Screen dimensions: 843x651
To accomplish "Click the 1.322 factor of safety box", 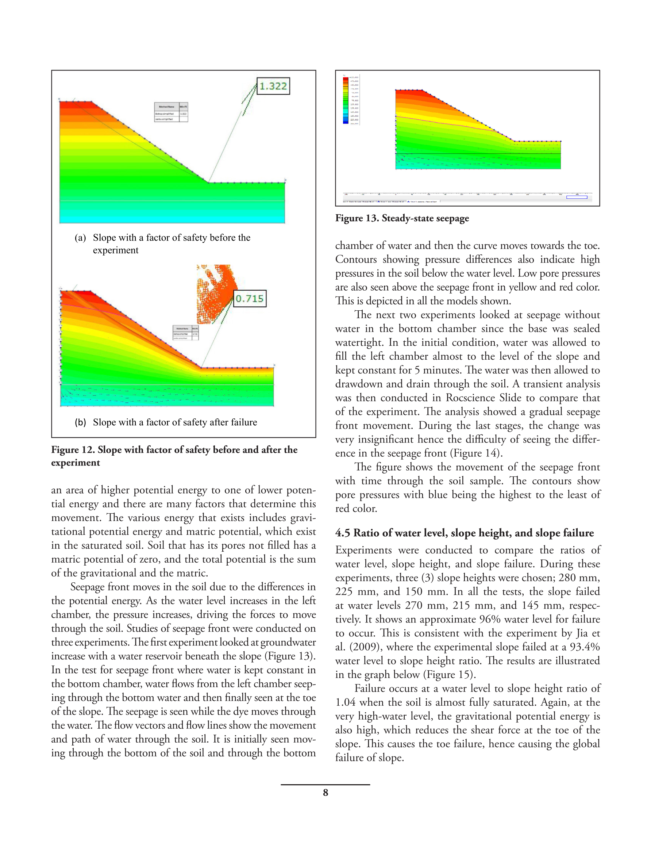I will click(x=273, y=86).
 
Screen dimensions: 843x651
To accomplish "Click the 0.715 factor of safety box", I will click(x=250, y=298).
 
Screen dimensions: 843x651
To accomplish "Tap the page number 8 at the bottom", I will click(x=325, y=793).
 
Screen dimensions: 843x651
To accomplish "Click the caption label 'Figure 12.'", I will click(x=73, y=450).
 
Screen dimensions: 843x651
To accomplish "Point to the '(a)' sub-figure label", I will click(x=80, y=238).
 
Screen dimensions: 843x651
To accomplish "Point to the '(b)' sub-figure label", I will click(x=80, y=422).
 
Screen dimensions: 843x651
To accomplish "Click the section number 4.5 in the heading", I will click(x=343, y=533).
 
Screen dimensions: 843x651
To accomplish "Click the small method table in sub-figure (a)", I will click(x=171, y=112).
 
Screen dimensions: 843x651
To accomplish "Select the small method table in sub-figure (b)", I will click(x=186, y=332).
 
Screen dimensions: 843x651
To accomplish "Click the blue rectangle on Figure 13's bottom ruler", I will click(x=577, y=197).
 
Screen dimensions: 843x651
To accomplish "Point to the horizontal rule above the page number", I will click(x=325, y=784).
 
